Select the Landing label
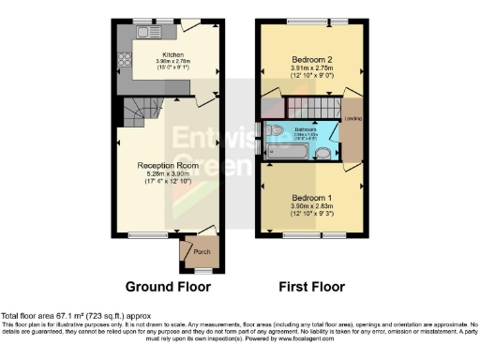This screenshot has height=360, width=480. pyautogui.click(x=354, y=118)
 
